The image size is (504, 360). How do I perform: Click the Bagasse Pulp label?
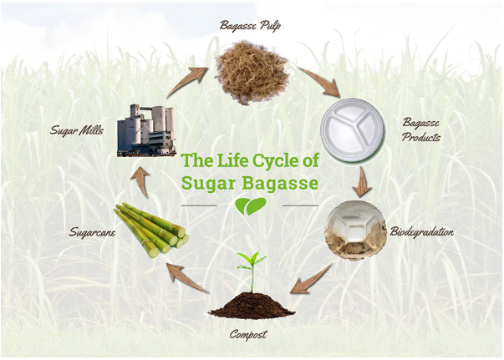pos(250,26)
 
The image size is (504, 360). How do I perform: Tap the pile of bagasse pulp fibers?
pos(252,73)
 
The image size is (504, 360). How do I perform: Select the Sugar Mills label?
pos(77,130)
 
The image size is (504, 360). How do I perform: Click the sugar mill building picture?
pos(146,130)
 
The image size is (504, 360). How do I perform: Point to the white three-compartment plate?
pos(352,129)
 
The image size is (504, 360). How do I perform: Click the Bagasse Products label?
pos(420,129)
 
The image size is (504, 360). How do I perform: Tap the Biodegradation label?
pos(422,232)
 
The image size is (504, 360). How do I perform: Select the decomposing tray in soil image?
pos(355,230)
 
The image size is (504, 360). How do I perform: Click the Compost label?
pos(248,335)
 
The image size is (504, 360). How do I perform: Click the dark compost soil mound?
pos(252,306)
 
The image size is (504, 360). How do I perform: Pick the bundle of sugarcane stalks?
pos(152,230)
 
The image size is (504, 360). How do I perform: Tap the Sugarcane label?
pos(92,232)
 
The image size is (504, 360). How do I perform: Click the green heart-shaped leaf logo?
pos(251,206)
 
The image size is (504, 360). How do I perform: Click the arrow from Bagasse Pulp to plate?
pos(320,81)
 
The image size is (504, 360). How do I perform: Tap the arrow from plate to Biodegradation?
pos(363,182)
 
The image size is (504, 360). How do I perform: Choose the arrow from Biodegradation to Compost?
pos(310,280)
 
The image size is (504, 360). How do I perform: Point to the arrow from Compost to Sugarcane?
pos(186,278)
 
